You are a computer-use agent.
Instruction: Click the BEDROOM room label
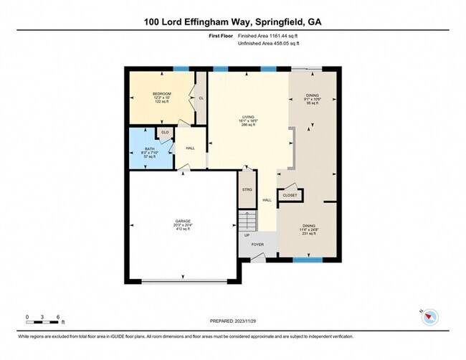pyautogui.click(x=161, y=94)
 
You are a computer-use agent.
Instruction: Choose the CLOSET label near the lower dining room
pyautogui.click(x=290, y=195)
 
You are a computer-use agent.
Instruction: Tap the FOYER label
pyautogui.click(x=257, y=245)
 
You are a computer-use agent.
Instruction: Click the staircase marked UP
pyautogui.click(x=247, y=222)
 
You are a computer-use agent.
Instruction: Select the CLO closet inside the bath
pyautogui.click(x=164, y=132)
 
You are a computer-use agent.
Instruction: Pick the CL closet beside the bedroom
pyautogui.click(x=201, y=98)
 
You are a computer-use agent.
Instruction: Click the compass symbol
pyautogui.click(x=429, y=315)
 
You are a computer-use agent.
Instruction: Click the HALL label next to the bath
pyautogui.click(x=190, y=148)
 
